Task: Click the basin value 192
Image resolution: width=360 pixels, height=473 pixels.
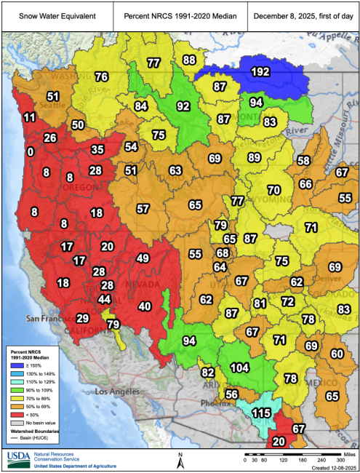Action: point(260,71)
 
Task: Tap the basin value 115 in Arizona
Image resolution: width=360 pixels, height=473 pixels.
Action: point(261,413)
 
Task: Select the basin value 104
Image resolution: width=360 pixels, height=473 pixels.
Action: point(239,368)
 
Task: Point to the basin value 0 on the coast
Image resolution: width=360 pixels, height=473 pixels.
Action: point(30,152)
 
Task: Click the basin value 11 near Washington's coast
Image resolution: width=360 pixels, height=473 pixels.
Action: point(29,117)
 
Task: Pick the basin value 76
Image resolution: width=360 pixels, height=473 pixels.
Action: point(101,76)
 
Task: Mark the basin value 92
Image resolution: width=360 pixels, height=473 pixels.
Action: point(183,106)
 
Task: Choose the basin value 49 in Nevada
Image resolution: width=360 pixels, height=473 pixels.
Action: point(143,258)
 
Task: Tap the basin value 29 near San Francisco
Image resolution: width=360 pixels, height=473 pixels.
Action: point(83,318)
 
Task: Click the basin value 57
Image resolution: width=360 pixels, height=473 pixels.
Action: point(143,209)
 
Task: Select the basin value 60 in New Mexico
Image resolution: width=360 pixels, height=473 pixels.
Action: point(337,354)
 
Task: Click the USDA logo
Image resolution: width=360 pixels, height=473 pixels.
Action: point(18,459)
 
